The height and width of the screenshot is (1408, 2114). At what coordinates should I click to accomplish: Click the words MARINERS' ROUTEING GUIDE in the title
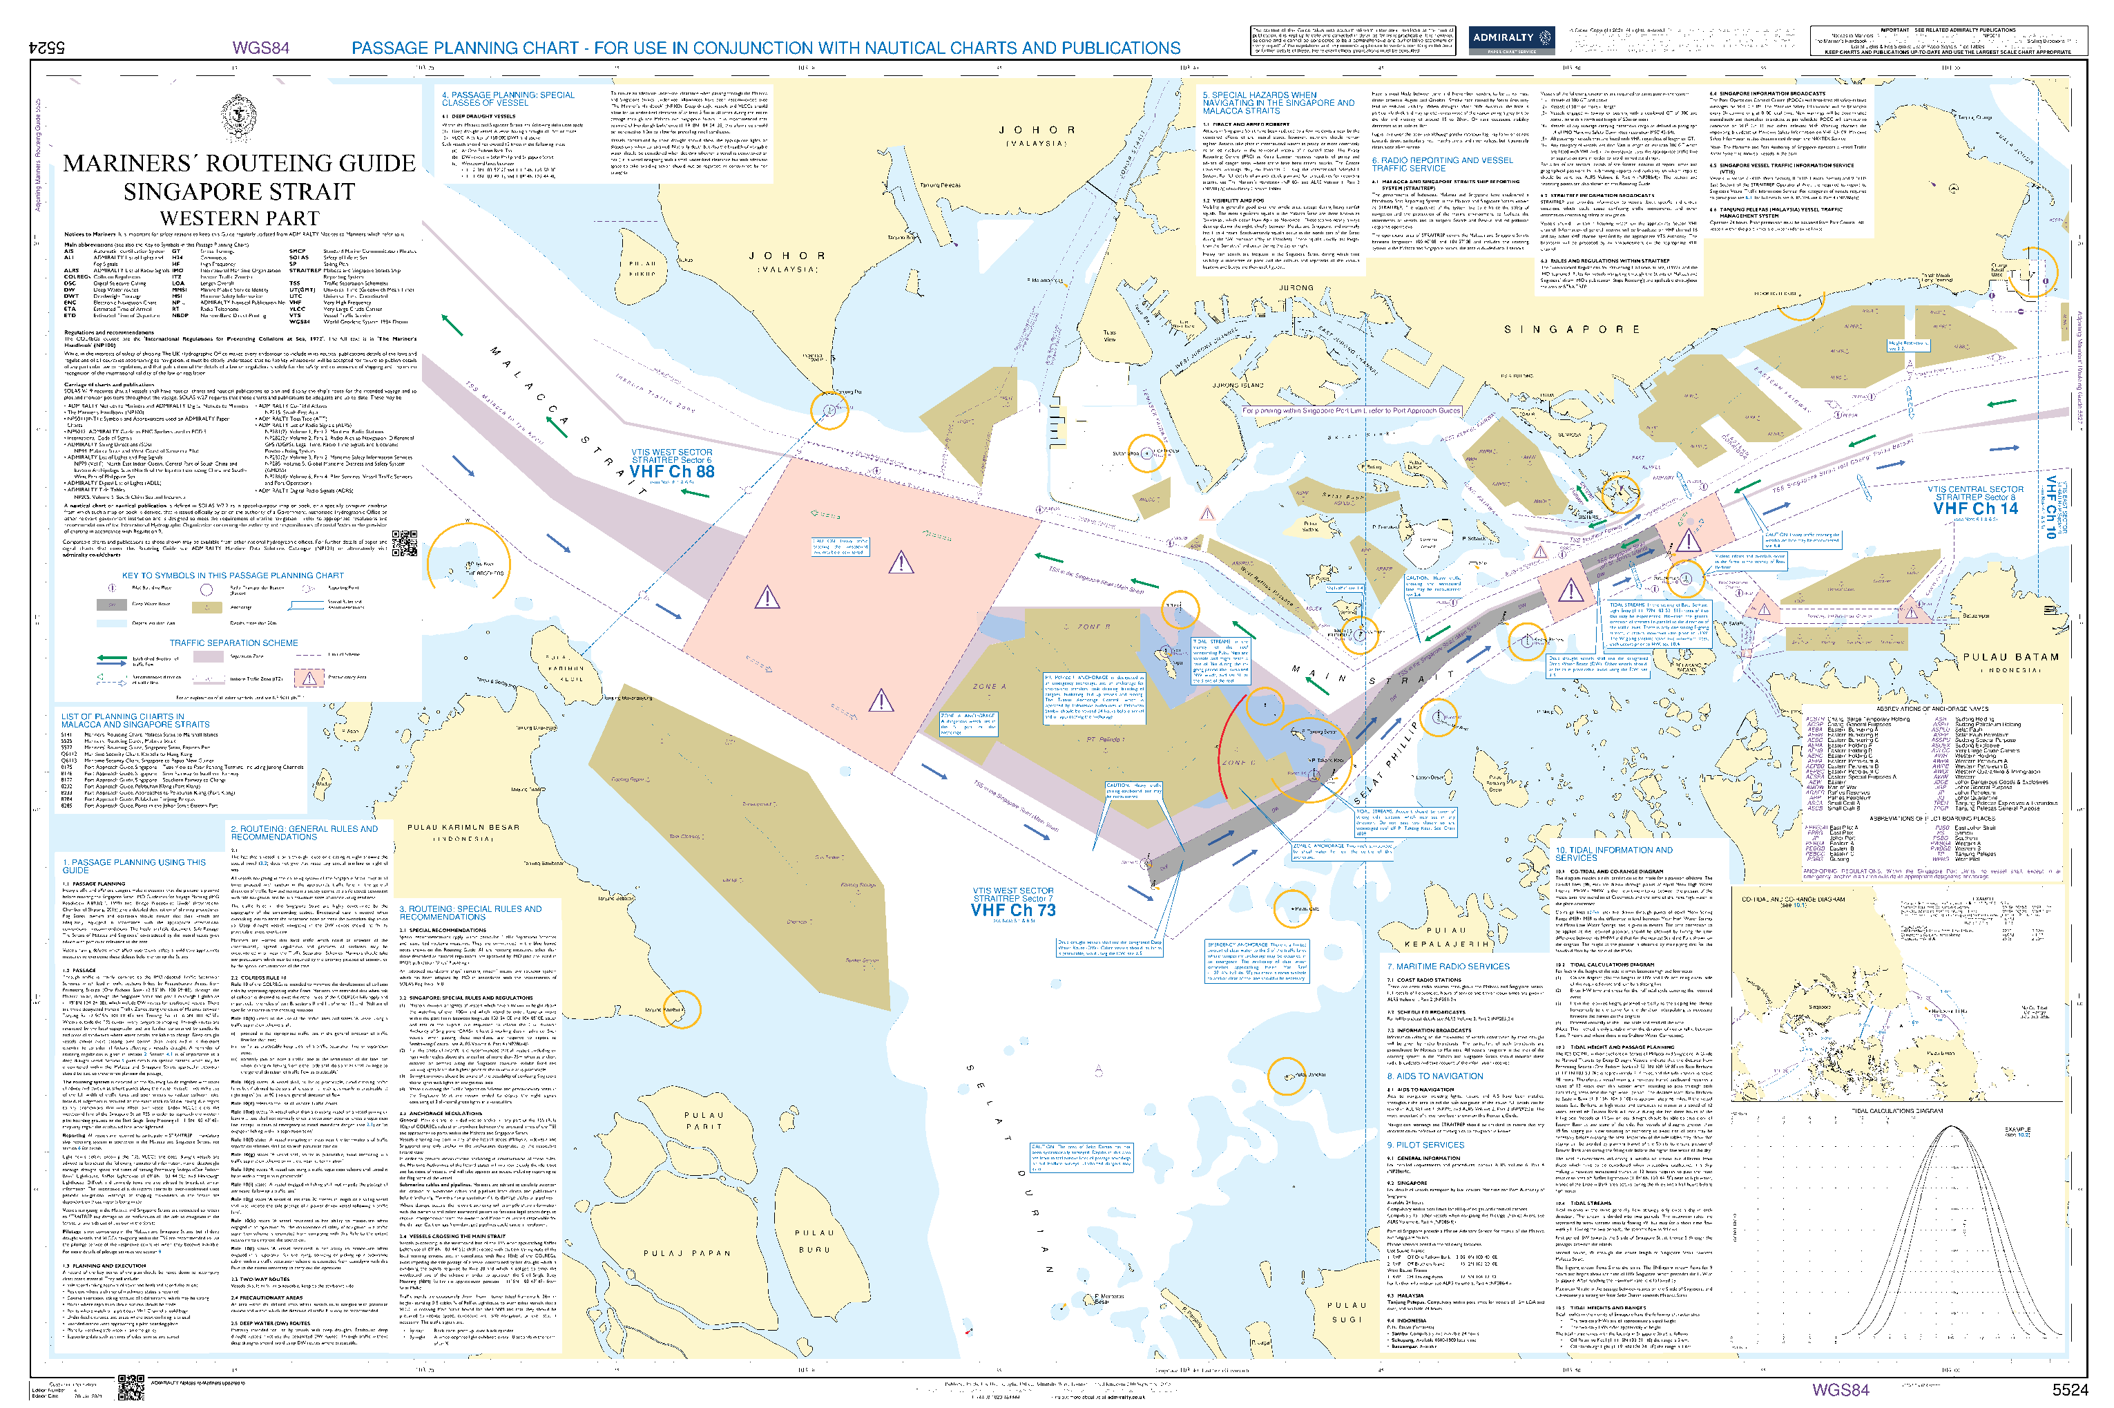coord(239,164)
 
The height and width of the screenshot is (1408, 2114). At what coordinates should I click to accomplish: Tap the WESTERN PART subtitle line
coord(239,219)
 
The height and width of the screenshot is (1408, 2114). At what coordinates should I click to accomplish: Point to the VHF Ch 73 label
coord(1012,911)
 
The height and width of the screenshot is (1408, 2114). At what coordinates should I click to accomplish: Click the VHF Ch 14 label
coord(1975,509)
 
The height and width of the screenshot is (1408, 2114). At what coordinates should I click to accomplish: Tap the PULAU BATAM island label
coord(2010,657)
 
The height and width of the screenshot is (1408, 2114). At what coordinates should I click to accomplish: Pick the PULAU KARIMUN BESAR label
coord(463,828)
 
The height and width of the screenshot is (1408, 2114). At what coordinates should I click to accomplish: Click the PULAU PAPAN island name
coord(686,1253)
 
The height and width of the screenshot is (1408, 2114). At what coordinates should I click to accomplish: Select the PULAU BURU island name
coord(814,1241)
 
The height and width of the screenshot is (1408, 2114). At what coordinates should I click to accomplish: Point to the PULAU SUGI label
coord(1347,1312)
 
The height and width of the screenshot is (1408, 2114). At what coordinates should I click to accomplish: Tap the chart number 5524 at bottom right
coord(2070,1390)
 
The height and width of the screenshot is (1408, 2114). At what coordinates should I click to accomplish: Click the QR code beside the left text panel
coord(405,543)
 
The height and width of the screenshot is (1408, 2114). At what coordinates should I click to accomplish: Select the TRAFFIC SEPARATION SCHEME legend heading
coord(233,644)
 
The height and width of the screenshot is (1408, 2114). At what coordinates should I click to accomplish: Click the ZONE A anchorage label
coord(989,687)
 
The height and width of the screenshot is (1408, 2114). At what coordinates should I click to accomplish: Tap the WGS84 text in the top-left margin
coord(260,48)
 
